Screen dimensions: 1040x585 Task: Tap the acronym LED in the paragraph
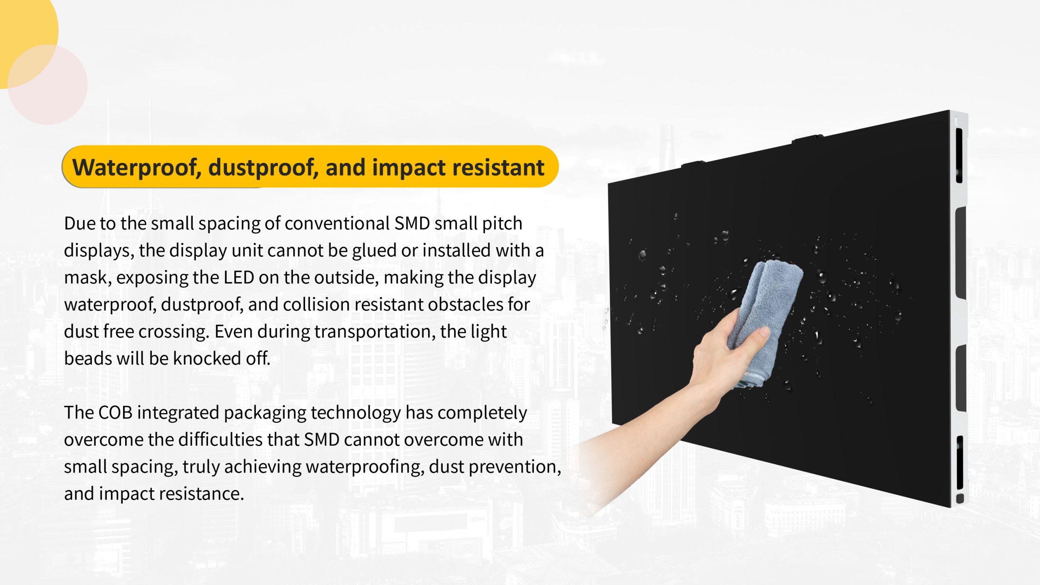click(239, 277)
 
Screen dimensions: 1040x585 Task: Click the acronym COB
click(115, 413)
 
